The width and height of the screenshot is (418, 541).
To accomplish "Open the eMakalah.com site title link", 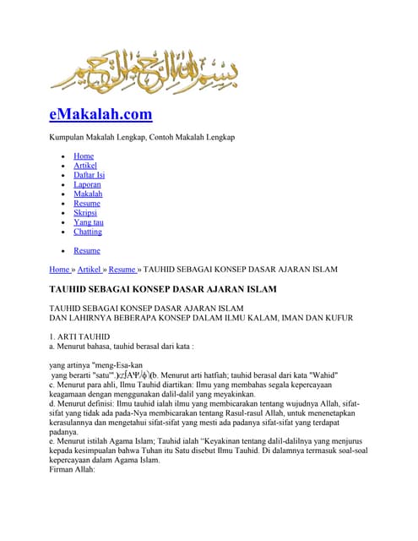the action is (x=100, y=113).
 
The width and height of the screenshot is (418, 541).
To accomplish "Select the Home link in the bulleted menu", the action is (x=84, y=156).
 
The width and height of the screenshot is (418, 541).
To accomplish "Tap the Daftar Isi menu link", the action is (x=89, y=175).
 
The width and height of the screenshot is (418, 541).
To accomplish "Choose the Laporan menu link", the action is (x=88, y=184).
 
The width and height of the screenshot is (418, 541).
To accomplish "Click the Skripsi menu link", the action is (x=85, y=213).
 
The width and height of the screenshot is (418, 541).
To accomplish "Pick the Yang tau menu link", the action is (x=89, y=222).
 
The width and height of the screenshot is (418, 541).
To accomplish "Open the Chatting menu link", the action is (x=88, y=232).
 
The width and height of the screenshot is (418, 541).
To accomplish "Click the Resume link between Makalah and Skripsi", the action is (x=87, y=204).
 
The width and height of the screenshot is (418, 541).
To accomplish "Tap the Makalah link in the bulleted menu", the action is (x=88, y=194).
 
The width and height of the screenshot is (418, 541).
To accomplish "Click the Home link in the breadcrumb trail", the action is (x=61, y=270).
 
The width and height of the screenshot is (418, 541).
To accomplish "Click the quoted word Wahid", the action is (x=320, y=374).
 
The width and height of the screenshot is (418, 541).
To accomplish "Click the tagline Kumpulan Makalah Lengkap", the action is (x=143, y=137).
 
